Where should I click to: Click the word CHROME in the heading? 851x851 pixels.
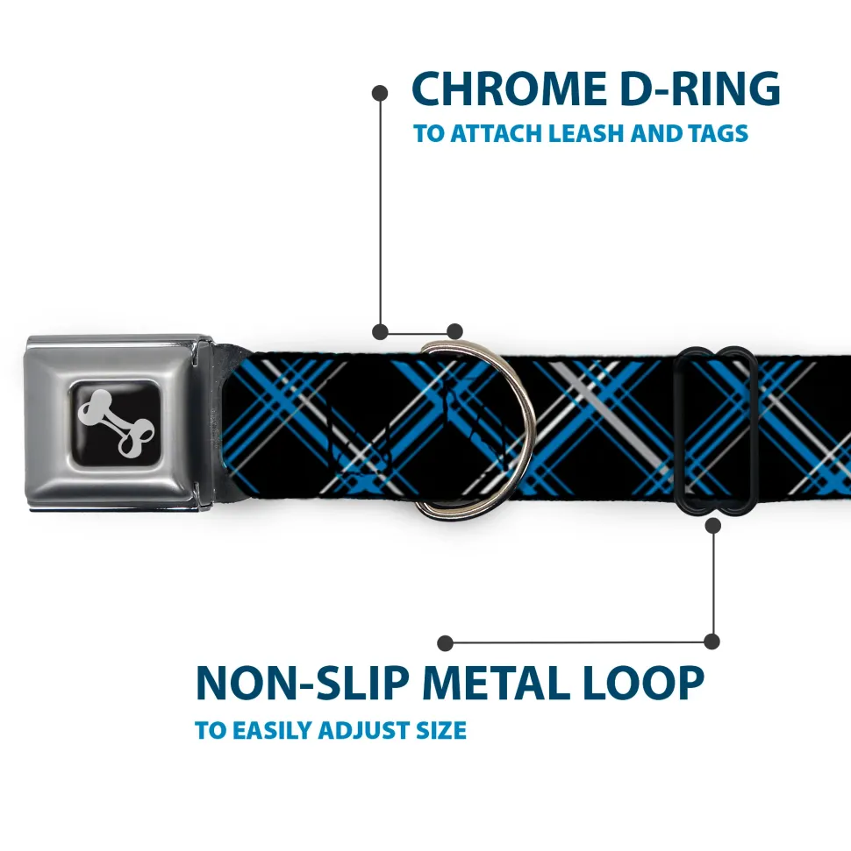509,89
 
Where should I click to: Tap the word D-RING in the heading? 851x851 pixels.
700,89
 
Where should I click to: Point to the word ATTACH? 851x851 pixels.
497,133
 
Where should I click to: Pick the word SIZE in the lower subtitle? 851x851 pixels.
441,730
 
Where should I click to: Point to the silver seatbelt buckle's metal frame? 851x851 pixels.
119,422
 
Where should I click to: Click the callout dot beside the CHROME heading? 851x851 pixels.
380,94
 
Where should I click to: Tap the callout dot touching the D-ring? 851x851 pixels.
454,331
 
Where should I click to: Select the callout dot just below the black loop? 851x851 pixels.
713,525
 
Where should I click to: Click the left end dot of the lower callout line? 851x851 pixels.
445,643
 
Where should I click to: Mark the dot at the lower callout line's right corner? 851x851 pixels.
712,642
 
